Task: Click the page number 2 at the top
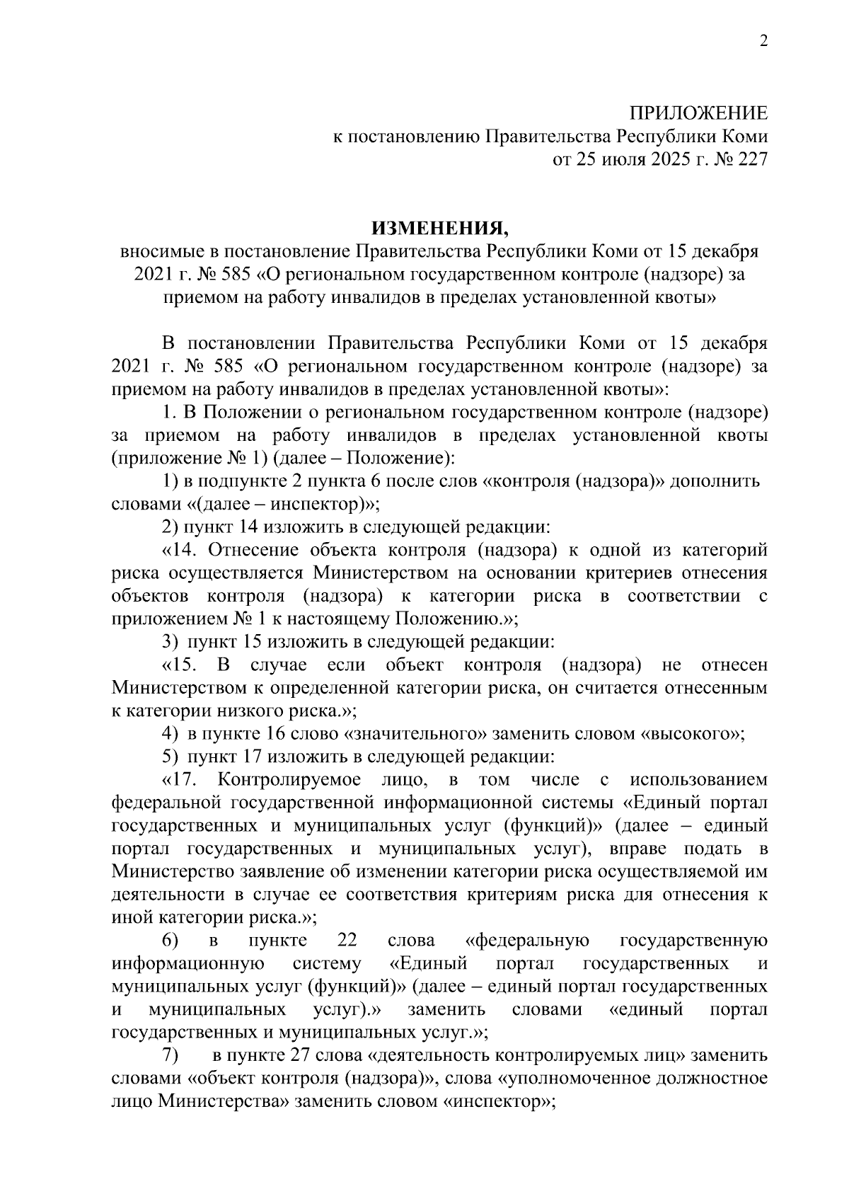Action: coord(763,41)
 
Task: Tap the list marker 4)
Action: coord(170,734)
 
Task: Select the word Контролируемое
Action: coord(290,780)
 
